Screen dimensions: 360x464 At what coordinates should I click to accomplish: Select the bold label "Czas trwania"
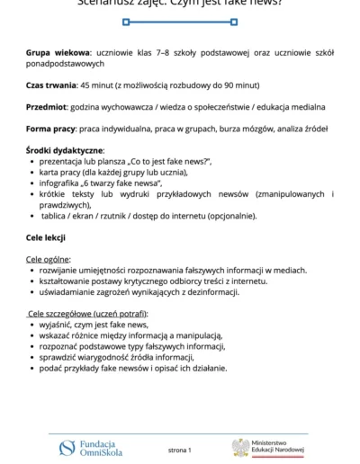[55, 85]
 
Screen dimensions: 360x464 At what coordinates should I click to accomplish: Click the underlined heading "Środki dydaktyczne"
[65, 149]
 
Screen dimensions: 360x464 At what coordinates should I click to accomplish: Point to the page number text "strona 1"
[180, 449]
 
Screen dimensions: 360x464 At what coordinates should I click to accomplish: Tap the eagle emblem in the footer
[240, 448]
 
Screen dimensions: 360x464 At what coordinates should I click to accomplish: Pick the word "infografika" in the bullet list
[62, 183]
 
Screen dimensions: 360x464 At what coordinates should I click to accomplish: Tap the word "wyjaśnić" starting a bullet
[58, 324]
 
